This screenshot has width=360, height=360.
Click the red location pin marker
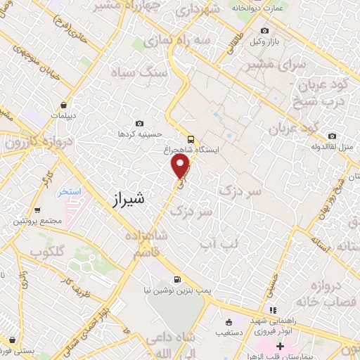click(181, 166)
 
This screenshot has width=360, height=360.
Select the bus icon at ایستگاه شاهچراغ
click(191, 139)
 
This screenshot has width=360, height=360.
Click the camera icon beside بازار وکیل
click(264, 30)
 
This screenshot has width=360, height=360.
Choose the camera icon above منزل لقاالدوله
click(333, 136)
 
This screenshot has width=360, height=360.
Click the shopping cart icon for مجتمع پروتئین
click(37, 210)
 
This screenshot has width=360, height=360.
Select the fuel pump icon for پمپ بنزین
click(184, 278)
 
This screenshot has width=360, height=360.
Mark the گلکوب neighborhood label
click(49, 251)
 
